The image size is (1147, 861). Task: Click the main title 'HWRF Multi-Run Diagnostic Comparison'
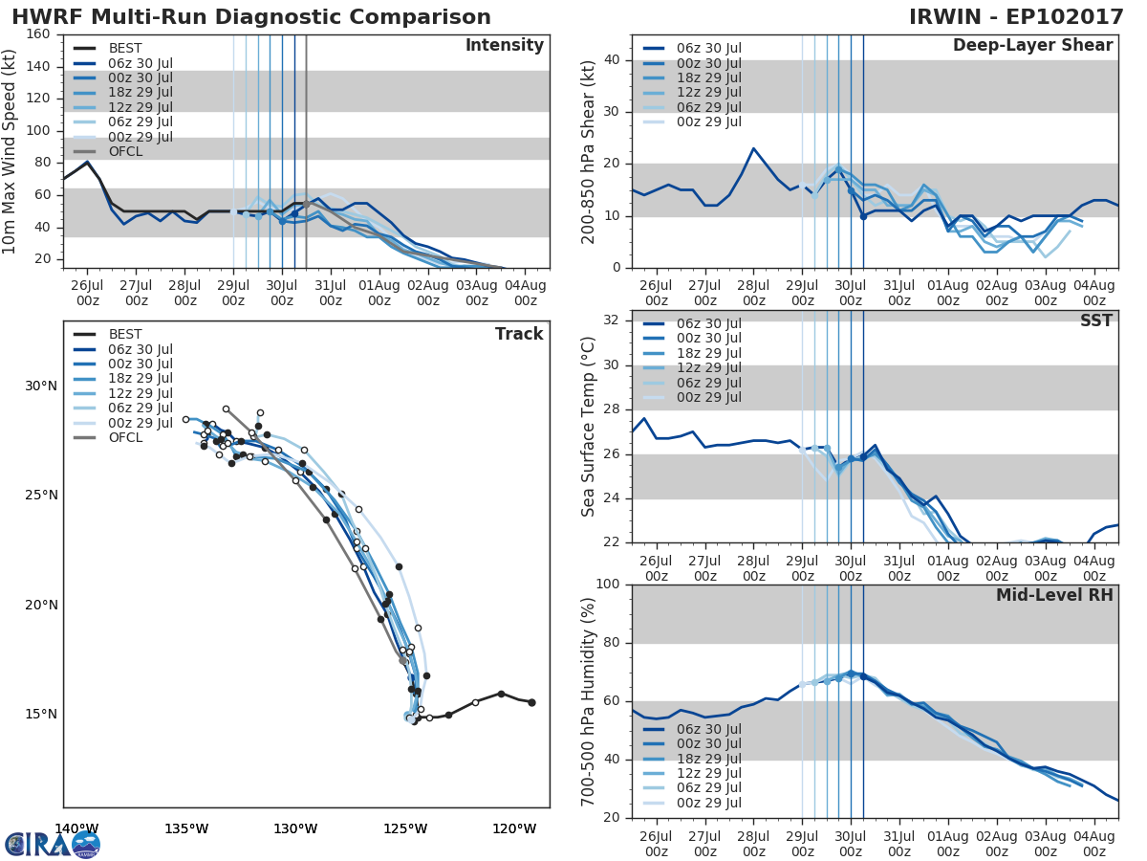[x=251, y=17]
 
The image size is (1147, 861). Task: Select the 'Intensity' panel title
[x=504, y=46]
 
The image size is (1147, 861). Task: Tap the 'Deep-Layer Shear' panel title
[x=1032, y=46]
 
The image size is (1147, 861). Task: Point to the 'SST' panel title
[x=1095, y=321]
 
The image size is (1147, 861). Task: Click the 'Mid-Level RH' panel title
[x=1054, y=596]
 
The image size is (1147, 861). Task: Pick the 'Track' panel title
[x=519, y=334]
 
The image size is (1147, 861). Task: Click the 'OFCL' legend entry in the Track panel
[x=125, y=438]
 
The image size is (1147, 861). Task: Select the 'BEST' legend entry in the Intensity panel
[x=125, y=48]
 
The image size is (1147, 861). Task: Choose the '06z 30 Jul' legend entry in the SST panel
[x=708, y=323]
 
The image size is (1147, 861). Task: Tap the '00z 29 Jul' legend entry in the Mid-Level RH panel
[x=708, y=804]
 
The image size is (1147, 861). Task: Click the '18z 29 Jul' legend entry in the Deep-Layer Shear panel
[x=708, y=77]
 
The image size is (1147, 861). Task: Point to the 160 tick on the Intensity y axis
[x=38, y=34]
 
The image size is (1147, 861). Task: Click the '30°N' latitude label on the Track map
[x=41, y=386]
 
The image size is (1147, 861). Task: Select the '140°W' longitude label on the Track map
[x=76, y=828]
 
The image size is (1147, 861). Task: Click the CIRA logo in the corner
[x=53, y=844]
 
